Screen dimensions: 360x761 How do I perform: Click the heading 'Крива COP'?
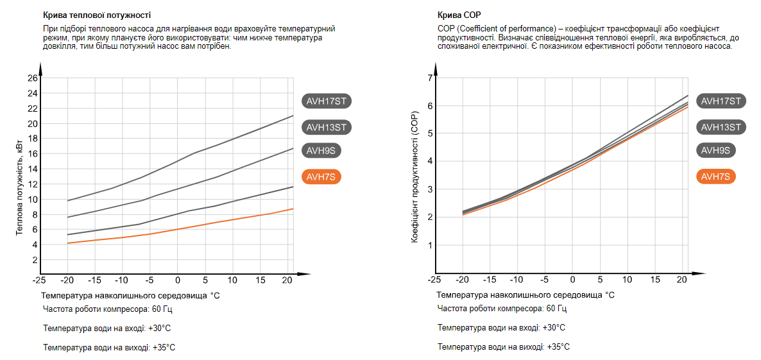[459, 15]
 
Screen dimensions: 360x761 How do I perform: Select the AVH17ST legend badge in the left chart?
[327, 101]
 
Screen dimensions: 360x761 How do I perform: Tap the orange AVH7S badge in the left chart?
[321, 176]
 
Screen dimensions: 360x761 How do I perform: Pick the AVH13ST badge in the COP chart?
[721, 127]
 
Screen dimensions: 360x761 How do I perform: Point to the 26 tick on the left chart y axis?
[33, 78]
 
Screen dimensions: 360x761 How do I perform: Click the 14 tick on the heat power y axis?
[33, 169]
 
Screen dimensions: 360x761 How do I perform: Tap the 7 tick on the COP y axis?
[431, 78]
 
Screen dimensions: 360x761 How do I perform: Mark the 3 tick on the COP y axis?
[431, 189]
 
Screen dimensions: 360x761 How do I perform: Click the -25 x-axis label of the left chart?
[39, 280]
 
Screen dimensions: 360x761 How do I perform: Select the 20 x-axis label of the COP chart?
[682, 280]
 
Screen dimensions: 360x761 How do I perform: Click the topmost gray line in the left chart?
[192, 154]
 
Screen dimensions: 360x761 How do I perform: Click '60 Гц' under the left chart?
[162, 309]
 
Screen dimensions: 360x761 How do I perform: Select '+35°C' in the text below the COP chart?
[558, 347]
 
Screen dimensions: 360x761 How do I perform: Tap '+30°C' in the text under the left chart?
[160, 329]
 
